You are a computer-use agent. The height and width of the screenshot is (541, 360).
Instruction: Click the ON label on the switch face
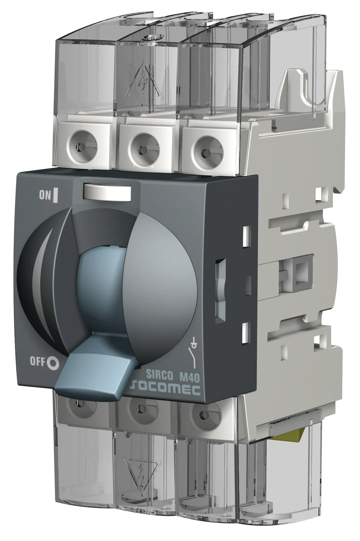[x=45, y=195]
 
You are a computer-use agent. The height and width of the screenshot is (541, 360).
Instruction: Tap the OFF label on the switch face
[x=37, y=361]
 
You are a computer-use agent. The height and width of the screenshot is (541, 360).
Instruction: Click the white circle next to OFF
[x=53, y=363]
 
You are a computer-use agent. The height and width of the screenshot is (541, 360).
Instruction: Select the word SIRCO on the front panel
[x=159, y=375]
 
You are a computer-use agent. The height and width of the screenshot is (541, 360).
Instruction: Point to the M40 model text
[x=189, y=377]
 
